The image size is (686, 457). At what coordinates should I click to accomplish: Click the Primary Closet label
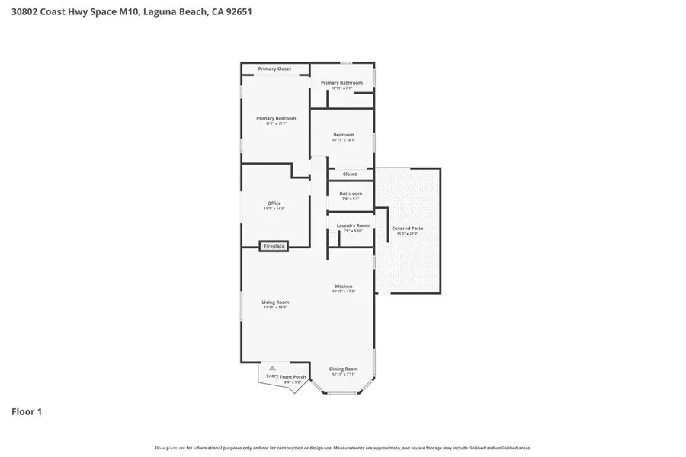coord(274,69)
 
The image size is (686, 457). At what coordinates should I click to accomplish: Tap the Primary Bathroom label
coord(341,83)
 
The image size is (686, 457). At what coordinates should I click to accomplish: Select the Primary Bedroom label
coord(276,118)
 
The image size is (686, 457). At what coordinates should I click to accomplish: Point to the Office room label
coord(274,203)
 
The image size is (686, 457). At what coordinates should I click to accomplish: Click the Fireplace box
coord(274,246)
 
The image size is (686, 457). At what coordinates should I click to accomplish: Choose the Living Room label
coord(275,302)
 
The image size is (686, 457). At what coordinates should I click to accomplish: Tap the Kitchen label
coord(343,286)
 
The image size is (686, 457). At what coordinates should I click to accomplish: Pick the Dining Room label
coord(343,369)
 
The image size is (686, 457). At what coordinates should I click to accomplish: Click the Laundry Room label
coord(353,225)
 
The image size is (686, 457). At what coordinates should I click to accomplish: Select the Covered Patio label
coord(407,228)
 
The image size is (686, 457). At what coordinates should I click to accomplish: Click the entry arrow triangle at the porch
coord(271,368)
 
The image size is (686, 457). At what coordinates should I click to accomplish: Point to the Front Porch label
coord(293,376)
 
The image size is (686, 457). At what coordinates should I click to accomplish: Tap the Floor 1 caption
coord(27,412)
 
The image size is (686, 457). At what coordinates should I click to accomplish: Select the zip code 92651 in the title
coord(237,12)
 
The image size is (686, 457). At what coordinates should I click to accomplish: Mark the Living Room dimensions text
coord(275,308)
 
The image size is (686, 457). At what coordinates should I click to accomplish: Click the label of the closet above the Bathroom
coord(349,174)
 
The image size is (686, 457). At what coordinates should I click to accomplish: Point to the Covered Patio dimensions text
coord(407,234)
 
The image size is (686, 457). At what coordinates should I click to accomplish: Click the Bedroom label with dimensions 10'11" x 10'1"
coord(343,135)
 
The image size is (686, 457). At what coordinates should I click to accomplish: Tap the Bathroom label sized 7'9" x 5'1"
coord(351,193)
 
